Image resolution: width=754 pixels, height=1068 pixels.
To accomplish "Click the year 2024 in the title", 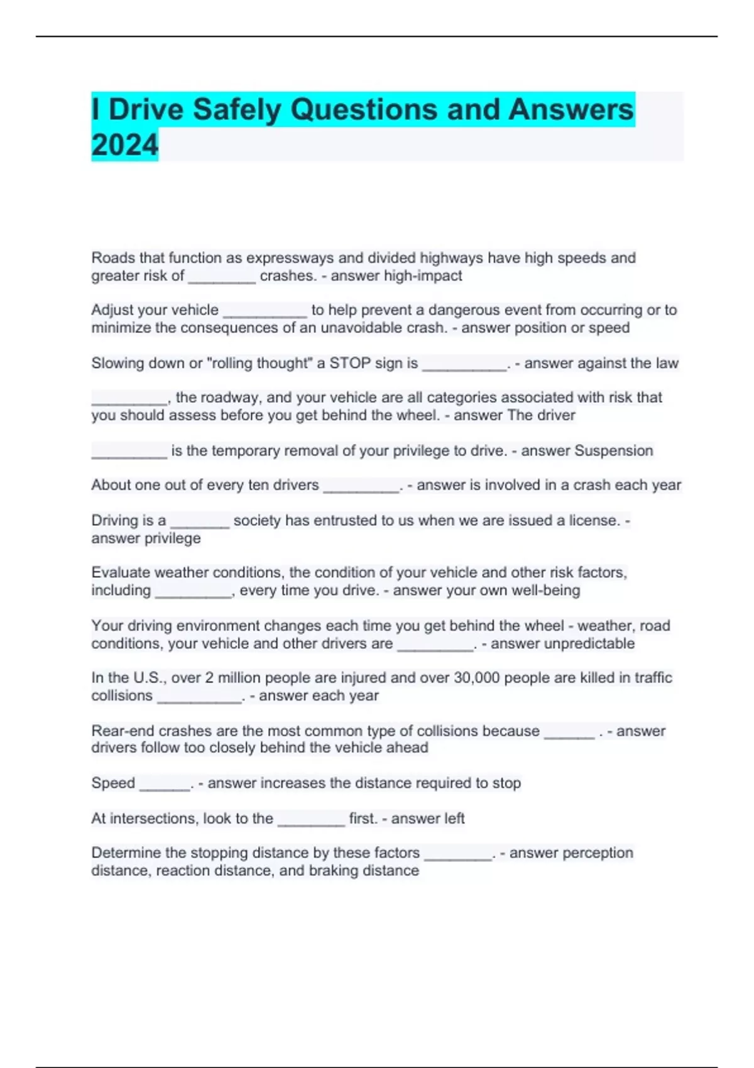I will (x=124, y=145).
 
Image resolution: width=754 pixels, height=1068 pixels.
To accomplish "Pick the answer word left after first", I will (x=454, y=818).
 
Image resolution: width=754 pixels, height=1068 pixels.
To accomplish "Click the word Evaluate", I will (x=121, y=572).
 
